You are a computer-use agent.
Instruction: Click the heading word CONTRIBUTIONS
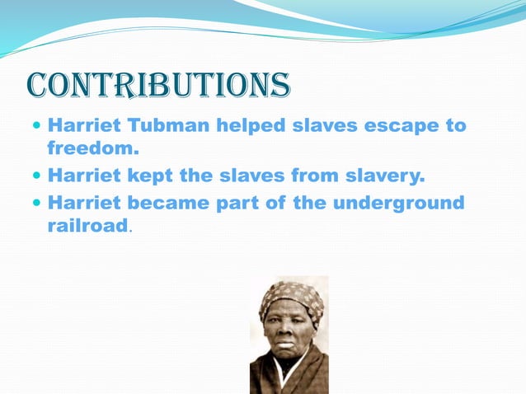point(158,84)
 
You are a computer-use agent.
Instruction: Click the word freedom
point(92,150)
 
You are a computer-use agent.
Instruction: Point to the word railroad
point(87,226)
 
